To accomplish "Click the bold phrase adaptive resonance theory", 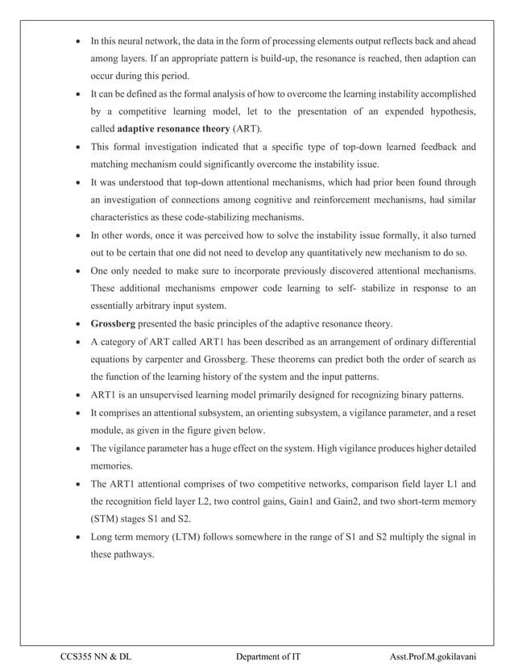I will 172,129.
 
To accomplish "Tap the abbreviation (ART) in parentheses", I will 247,129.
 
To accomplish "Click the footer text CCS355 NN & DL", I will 96,657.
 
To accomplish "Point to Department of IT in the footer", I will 268,657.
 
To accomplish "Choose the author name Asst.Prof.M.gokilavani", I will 432,657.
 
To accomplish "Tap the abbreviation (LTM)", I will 180,537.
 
